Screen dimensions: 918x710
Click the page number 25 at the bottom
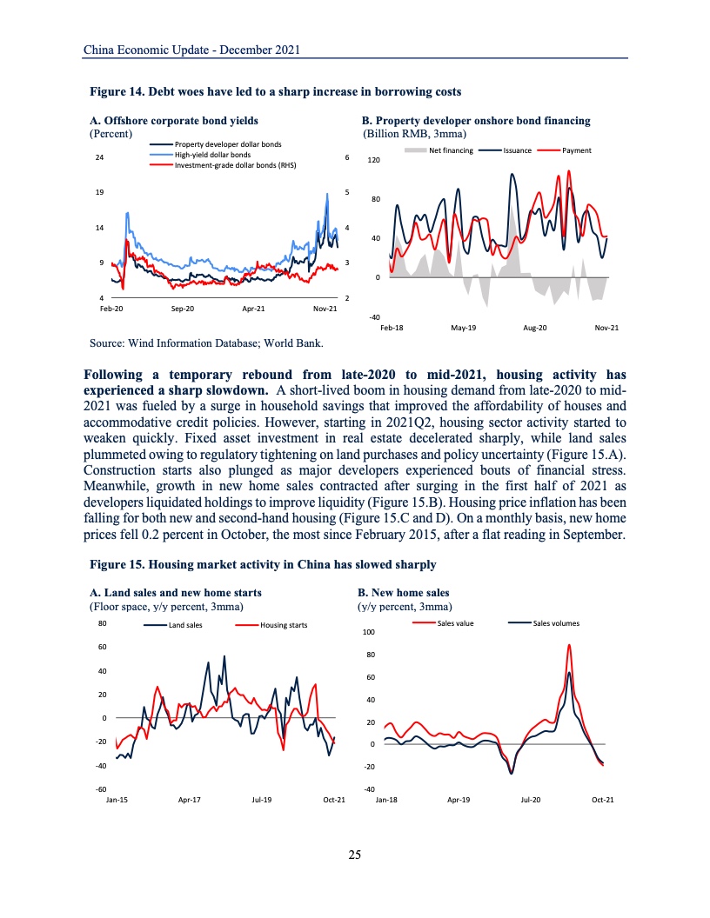pyautogui.click(x=354, y=855)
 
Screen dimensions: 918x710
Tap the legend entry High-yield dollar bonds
pyautogui.click(x=212, y=154)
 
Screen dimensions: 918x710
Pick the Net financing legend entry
pyautogui.click(x=451, y=150)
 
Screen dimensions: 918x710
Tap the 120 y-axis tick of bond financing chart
pyautogui.click(x=374, y=161)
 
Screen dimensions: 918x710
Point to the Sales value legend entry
pyautogui.click(x=455, y=623)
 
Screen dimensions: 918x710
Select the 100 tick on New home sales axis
pyautogui.click(x=368, y=632)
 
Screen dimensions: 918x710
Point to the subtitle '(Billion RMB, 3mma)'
pyautogui.click(x=414, y=134)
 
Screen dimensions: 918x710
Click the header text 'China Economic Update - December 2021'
pyautogui.click(x=191, y=50)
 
